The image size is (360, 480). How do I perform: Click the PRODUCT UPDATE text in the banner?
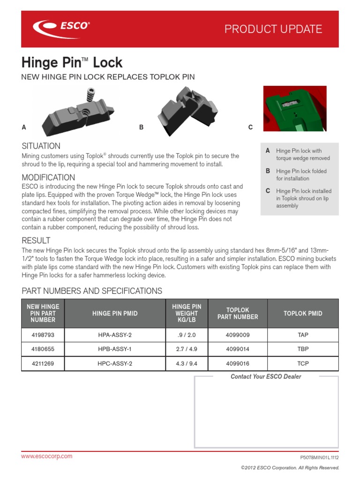pos(273,29)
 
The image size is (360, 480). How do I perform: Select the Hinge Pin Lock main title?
pos(72,62)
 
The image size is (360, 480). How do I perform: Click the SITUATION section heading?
pos(41,146)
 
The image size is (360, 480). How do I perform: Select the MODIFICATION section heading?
pos(48,177)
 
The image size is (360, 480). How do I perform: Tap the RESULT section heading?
pos(36,240)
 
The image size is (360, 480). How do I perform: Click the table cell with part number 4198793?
pos(43,335)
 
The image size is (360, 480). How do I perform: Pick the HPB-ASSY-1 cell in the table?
pos(115,349)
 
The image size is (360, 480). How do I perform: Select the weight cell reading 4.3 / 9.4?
pos(187,363)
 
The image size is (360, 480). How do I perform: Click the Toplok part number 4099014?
pos(238,349)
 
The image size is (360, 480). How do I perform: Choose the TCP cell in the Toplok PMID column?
pos(303,363)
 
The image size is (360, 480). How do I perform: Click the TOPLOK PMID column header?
pos(303,313)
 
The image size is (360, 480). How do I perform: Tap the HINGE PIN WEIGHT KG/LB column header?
pos(187,313)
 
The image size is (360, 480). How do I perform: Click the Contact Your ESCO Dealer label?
pos(266,376)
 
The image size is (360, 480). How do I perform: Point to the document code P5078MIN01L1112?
pos(319,457)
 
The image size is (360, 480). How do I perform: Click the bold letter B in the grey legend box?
pos(268,171)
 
